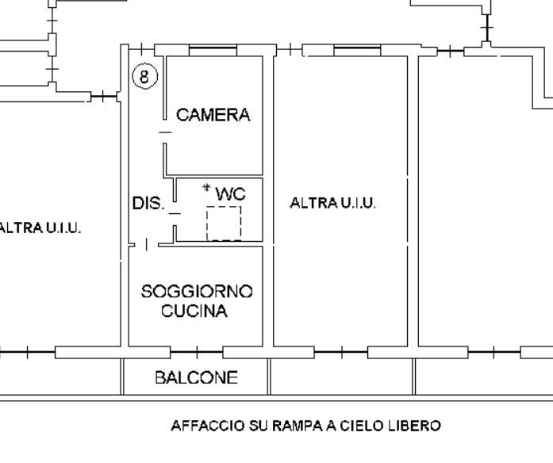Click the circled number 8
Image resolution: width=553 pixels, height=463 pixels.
click(144, 76)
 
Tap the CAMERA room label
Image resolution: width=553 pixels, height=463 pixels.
click(213, 115)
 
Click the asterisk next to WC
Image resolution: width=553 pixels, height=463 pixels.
click(206, 189)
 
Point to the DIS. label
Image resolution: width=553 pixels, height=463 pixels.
click(148, 204)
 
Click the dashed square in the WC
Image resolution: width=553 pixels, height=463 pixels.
click(224, 223)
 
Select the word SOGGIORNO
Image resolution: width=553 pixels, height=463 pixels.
click(196, 292)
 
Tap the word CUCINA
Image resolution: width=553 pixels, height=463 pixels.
click(194, 311)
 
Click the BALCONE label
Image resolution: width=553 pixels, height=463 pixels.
click(196, 377)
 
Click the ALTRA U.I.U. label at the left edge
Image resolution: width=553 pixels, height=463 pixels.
click(40, 228)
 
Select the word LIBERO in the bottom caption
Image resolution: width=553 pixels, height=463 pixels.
click(415, 426)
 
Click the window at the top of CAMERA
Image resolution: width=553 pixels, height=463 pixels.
click(213, 51)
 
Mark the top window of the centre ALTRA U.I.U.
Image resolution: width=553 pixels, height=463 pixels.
click(357, 51)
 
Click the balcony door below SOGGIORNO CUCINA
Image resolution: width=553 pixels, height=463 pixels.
click(196, 352)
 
